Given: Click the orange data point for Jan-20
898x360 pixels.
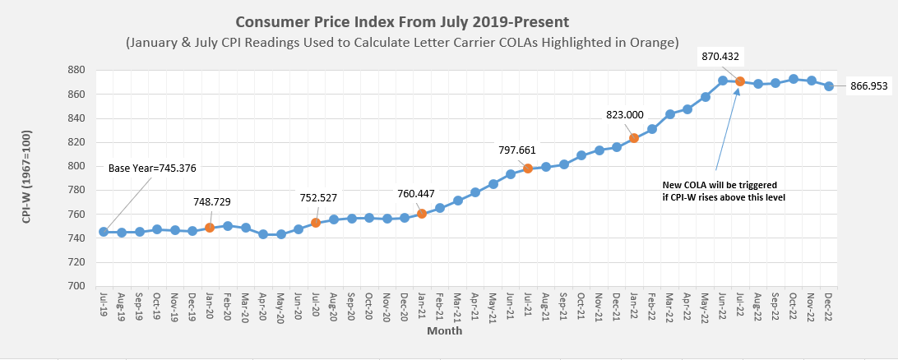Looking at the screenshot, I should tap(210, 228).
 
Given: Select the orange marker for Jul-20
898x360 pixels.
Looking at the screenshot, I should tap(316, 223).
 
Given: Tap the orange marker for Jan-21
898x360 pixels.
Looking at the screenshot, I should tap(422, 214).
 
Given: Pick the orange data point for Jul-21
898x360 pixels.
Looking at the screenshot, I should tap(528, 168).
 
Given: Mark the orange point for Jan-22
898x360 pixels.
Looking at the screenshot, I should tap(634, 138).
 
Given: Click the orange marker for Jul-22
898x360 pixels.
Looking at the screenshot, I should tap(740, 81).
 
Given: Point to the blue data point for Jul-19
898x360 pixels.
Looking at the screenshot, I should tap(104, 232).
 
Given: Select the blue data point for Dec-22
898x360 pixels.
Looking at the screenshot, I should tap(829, 85).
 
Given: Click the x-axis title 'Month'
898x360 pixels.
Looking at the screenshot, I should tap(444, 331).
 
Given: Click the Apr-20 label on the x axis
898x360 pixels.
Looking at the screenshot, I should tap(263, 308).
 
